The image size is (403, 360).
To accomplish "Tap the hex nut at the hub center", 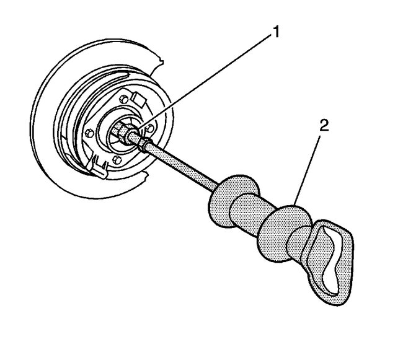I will click(121, 131).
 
